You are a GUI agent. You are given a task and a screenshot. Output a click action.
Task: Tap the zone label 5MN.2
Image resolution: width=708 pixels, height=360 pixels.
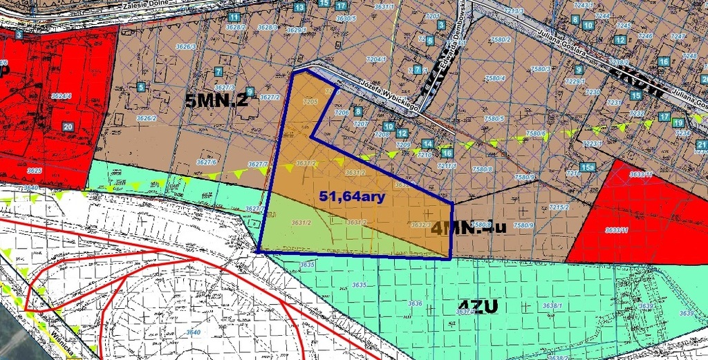[216, 101]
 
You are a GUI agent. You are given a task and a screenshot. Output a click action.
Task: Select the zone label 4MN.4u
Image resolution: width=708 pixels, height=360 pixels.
[469, 227]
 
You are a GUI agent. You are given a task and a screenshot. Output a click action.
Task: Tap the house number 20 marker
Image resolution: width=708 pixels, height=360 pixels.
[68, 127]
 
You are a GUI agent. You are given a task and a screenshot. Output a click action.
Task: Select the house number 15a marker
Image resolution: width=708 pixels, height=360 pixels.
[588, 167]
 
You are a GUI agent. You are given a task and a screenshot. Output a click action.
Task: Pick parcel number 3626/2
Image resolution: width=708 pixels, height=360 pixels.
[146, 118]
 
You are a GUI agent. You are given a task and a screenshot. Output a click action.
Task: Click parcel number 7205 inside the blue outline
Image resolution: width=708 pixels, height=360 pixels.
[309, 102]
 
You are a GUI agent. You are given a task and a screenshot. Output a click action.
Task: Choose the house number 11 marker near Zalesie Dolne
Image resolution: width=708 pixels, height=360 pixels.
[234, 17]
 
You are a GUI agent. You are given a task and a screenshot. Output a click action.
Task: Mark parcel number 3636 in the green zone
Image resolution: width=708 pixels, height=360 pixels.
[415, 303]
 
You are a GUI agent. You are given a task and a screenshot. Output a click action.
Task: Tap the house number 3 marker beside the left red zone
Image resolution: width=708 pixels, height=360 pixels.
[19, 35]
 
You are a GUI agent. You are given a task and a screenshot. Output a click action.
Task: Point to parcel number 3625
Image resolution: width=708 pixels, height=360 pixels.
[34, 170]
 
